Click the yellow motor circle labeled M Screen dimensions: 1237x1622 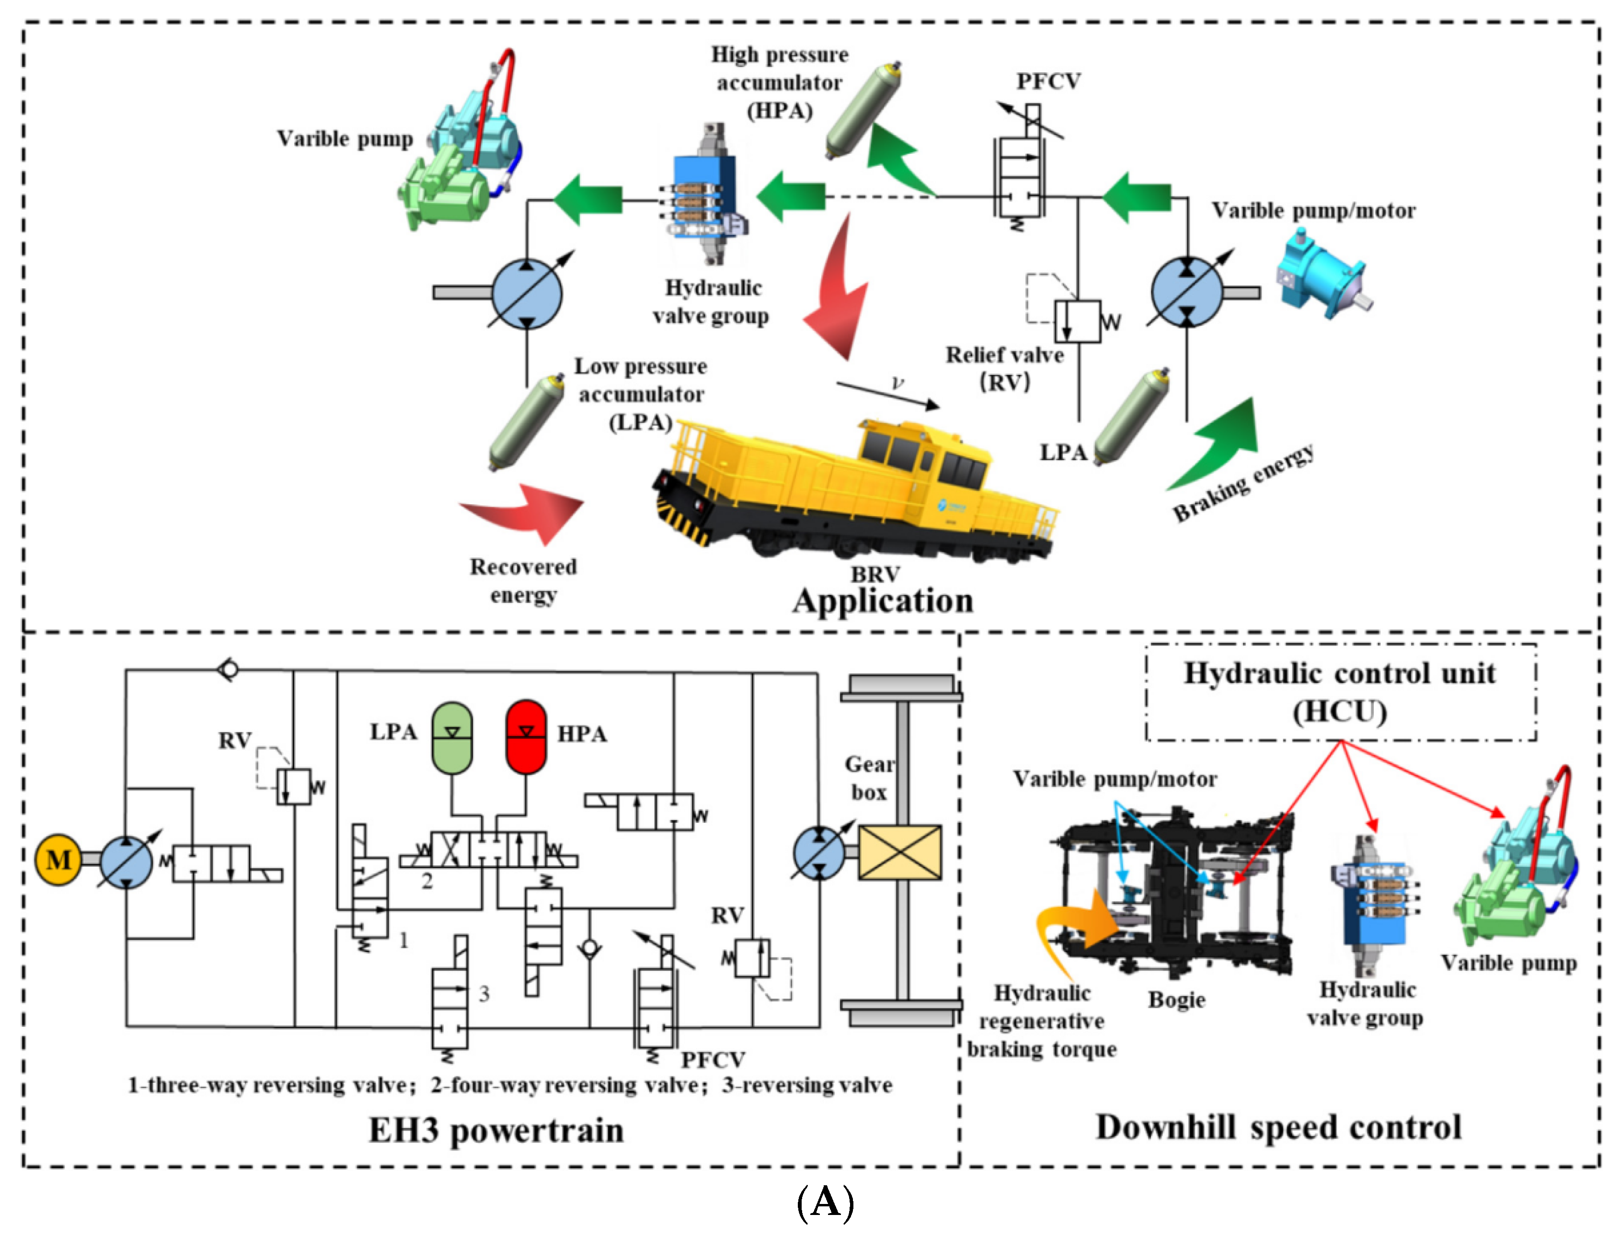click(x=58, y=859)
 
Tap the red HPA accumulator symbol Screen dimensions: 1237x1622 click(x=526, y=737)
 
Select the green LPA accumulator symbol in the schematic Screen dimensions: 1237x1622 click(x=451, y=737)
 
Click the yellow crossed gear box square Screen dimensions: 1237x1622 click(x=899, y=852)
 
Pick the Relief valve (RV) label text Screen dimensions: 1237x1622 click(x=1005, y=368)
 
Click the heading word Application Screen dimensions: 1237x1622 click(x=883, y=601)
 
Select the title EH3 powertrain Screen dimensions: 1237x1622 click(x=496, y=1130)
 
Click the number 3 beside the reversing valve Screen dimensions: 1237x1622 click(x=484, y=994)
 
